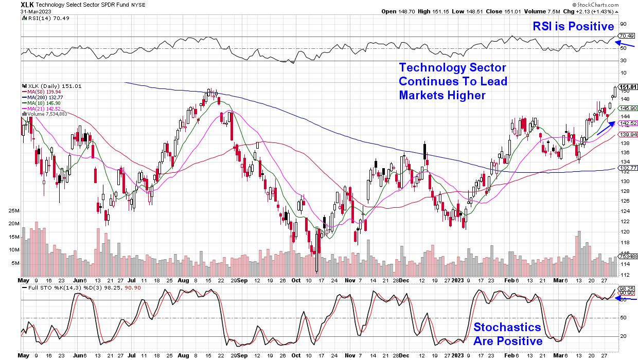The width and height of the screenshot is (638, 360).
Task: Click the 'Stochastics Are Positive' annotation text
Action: coord(507,334)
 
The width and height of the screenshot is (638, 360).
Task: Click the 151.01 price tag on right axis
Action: coord(628,86)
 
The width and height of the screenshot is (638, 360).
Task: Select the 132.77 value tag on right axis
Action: coord(628,168)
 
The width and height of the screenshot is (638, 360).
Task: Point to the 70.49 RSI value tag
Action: coord(626,35)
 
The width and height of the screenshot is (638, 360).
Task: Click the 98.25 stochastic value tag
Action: coord(626,289)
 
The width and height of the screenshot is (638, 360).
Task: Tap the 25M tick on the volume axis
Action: coord(14,211)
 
